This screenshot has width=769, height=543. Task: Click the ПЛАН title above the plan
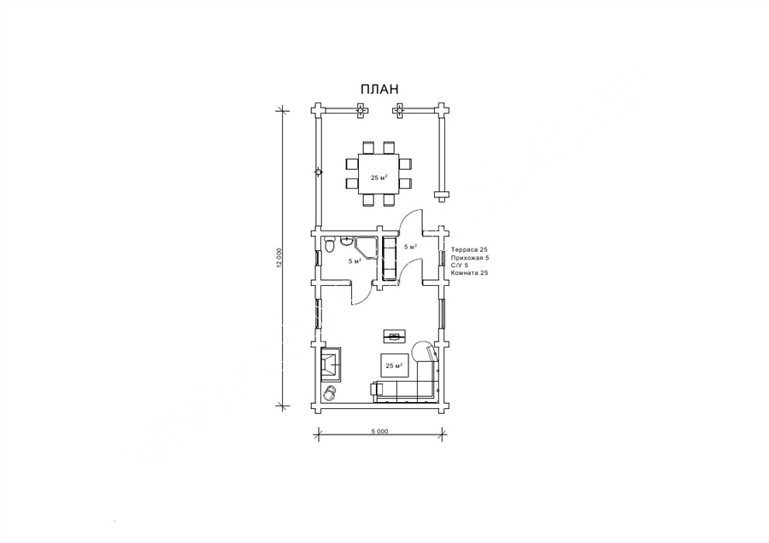click(379, 89)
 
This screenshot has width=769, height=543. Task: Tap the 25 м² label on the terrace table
click(379, 178)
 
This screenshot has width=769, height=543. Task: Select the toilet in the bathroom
click(330, 245)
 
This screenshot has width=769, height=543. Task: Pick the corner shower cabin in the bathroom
click(366, 248)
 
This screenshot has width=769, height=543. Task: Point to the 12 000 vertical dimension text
click(279, 259)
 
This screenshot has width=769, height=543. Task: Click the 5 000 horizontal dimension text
click(379, 431)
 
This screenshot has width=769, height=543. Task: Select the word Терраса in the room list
click(464, 249)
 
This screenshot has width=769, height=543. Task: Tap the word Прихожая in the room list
click(467, 257)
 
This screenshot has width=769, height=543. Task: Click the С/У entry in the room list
click(456, 266)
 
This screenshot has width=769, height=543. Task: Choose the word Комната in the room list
click(464, 273)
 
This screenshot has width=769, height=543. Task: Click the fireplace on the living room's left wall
click(331, 364)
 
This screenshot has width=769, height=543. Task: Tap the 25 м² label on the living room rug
click(394, 365)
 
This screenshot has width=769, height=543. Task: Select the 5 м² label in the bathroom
click(355, 261)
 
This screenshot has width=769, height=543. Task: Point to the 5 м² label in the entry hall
click(410, 247)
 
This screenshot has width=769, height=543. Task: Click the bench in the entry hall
click(389, 259)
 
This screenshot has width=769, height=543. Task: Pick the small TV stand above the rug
click(394, 336)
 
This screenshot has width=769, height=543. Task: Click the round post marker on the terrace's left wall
click(319, 172)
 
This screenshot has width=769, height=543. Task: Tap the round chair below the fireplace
click(330, 392)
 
